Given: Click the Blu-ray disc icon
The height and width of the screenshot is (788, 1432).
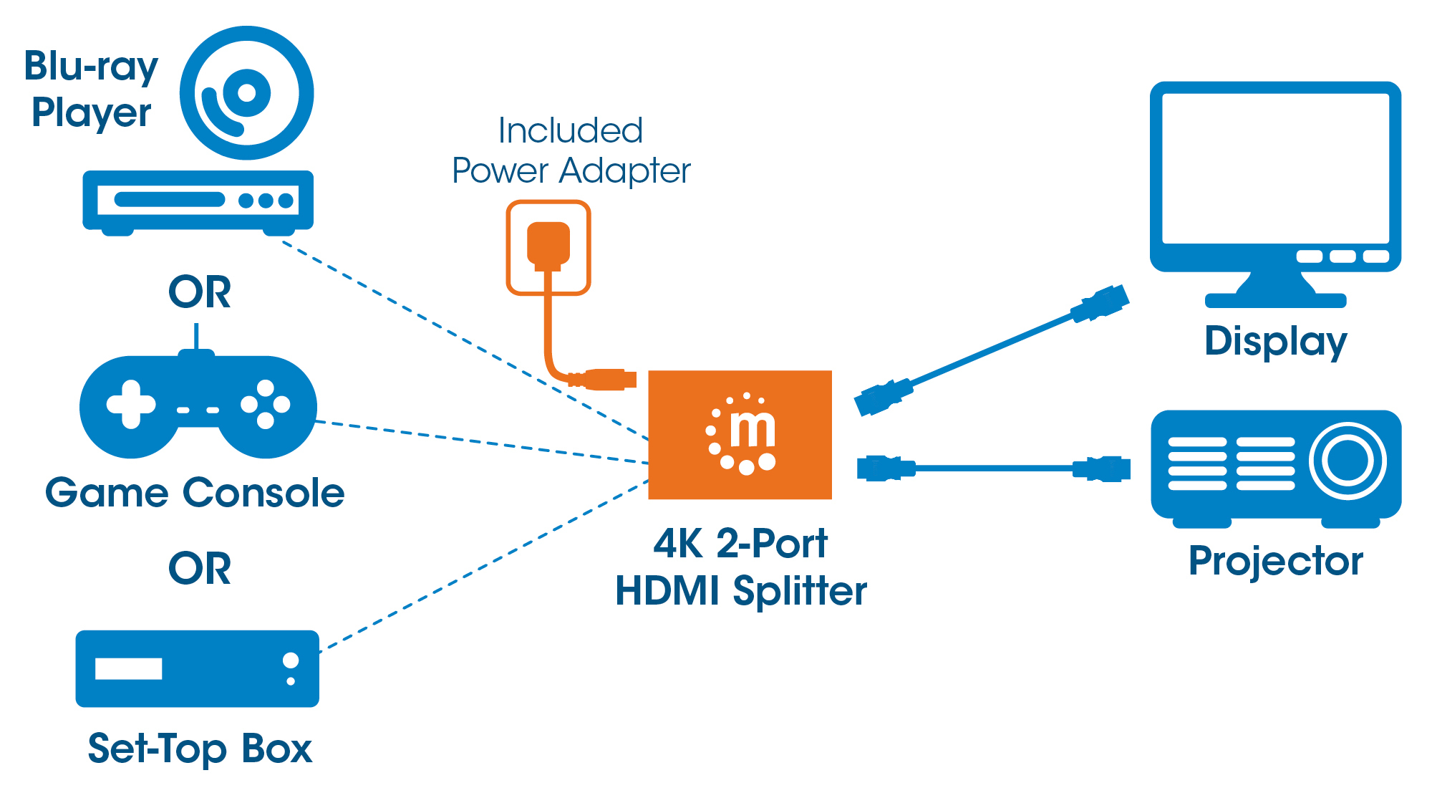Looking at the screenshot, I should point(246,93).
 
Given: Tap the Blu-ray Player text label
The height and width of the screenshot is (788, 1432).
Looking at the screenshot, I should point(91,90).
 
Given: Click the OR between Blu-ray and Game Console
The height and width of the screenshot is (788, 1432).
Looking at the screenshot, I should point(199,292).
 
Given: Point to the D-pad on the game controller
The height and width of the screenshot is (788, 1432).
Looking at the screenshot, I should point(131,405).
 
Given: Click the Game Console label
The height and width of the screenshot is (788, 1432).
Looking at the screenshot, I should point(195,493).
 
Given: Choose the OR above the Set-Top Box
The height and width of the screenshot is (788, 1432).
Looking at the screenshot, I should point(199,569).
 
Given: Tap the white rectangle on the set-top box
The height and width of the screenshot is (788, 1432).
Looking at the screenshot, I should point(128,668).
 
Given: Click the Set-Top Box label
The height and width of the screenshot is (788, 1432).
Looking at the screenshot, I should point(200,749).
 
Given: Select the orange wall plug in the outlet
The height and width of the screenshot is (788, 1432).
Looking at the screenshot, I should point(548,245).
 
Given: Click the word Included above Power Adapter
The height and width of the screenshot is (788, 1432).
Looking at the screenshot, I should point(571,131).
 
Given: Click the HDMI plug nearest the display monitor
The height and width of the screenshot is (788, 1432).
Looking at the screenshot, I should point(1100,303).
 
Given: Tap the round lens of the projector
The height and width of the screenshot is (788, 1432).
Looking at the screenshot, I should point(1348,461).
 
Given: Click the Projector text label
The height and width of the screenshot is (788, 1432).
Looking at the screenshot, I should point(1275,561).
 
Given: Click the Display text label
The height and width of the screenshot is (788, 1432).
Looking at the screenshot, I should point(1275,342).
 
